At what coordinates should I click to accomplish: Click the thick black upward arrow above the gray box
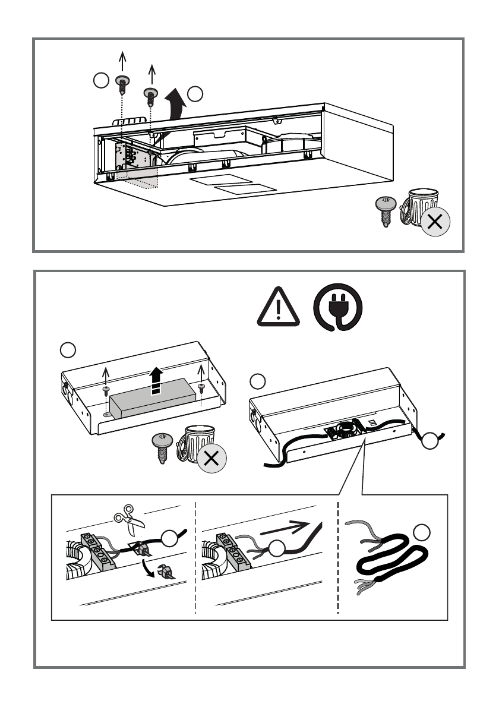pyautogui.click(x=156, y=380)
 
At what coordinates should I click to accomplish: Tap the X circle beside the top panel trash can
pyautogui.click(x=435, y=222)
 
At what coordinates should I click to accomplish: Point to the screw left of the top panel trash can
pyautogui.click(x=386, y=210)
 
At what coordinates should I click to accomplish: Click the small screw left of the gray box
pyautogui.click(x=106, y=390)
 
